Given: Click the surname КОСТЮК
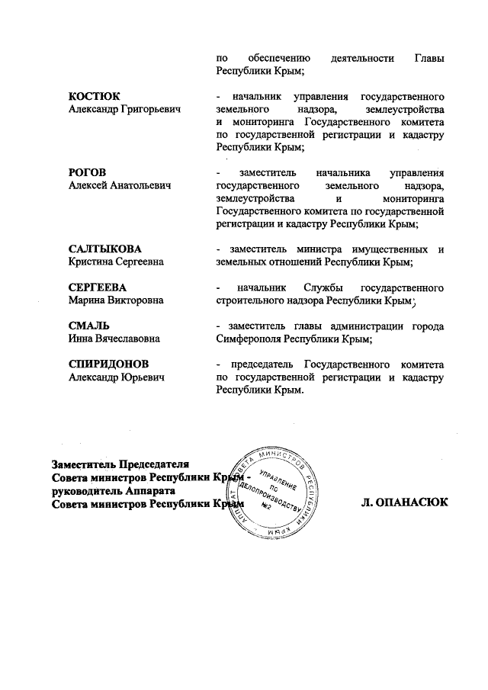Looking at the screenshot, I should (x=94, y=98).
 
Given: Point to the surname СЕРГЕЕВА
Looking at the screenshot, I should (x=97, y=287).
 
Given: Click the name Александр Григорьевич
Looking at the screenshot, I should (x=124, y=111).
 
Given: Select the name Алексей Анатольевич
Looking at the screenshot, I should (x=118, y=186).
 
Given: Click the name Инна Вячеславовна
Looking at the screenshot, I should (x=114, y=339).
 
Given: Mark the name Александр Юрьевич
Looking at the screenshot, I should (x=116, y=377).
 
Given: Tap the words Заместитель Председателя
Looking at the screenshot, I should (x=120, y=464).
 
